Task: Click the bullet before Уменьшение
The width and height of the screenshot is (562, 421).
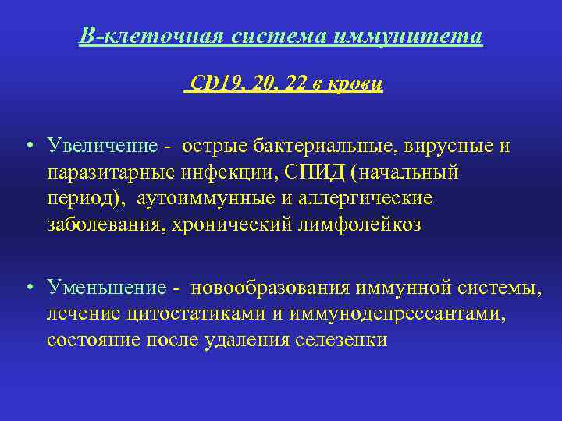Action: tap(28, 288)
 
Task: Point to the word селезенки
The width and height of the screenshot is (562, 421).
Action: tap(343, 340)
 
